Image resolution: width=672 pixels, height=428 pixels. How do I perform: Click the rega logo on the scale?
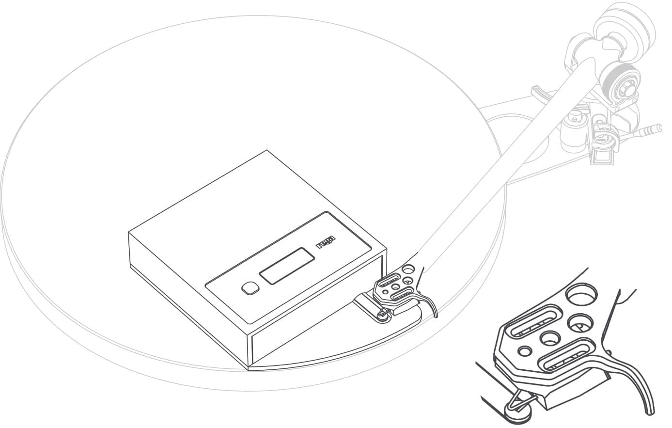[327, 242]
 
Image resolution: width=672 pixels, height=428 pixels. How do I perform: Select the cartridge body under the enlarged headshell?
[562, 393]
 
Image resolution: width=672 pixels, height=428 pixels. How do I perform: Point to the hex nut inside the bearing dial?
[623, 88]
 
